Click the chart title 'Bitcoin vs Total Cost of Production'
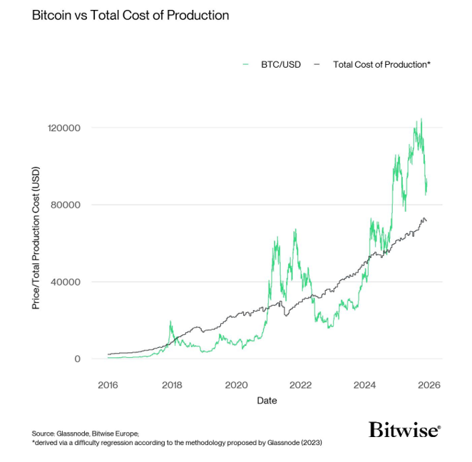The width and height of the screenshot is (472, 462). (x=130, y=15)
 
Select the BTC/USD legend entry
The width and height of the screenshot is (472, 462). (x=279, y=64)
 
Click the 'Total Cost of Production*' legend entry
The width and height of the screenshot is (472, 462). (x=381, y=64)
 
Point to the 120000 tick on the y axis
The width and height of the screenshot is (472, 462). (x=65, y=128)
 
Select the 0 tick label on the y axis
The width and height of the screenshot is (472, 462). (x=76, y=359)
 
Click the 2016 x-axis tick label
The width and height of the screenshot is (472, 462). (x=108, y=385)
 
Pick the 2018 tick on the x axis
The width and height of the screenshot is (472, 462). (x=172, y=385)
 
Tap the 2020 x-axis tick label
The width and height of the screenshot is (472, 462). (x=236, y=385)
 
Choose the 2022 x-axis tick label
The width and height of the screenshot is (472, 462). (x=301, y=385)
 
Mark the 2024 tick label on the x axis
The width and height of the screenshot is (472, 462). (x=365, y=385)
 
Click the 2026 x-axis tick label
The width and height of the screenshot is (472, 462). (x=429, y=385)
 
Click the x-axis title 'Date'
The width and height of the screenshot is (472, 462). (x=267, y=401)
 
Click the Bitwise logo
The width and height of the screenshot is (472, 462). (x=404, y=429)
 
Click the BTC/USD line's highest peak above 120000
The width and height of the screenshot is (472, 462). (x=421, y=119)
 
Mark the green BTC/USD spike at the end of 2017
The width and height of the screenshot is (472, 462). (x=170, y=322)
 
